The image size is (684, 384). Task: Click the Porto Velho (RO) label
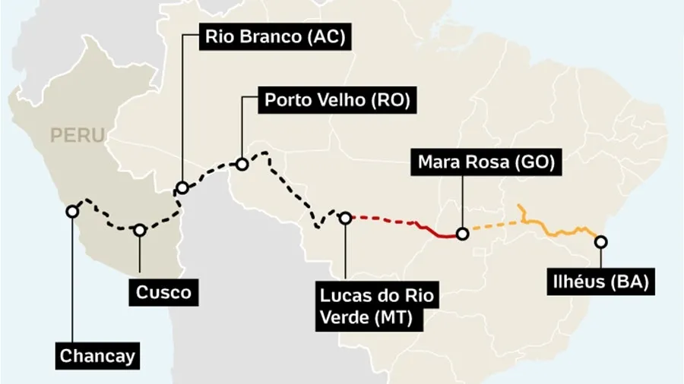(337, 100)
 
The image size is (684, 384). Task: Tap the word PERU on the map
(77, 136)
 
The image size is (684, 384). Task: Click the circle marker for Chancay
(71, 212)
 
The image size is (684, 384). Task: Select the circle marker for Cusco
(140, 230)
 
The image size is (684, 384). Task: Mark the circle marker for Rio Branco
(182, 188)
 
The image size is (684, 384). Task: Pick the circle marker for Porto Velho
(242, 164)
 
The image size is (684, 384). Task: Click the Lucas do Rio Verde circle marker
(345, 218)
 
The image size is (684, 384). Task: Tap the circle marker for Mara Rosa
(462, 234)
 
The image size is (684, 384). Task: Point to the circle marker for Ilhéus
(601, 242)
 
